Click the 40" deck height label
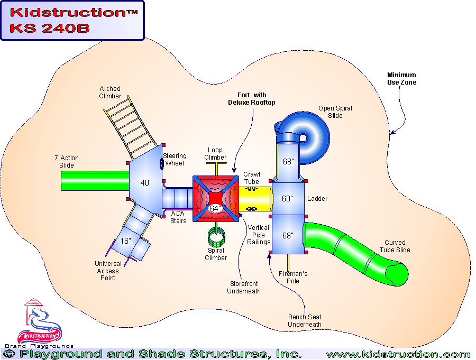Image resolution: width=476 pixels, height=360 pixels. click(x=146, y=183)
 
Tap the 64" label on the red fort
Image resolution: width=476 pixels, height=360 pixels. click(x=215, y=208)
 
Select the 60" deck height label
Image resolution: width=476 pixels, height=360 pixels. click(x=287, y=199)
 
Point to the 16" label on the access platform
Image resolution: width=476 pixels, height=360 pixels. click(x=125, y=241)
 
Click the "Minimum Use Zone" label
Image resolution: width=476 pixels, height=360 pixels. click(x=401, y=79)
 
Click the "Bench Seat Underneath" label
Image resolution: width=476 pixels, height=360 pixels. click(x=304, y=320)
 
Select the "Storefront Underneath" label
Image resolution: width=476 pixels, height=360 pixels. click(x=244, y=288)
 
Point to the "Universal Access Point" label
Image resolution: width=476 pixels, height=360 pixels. click(x=108, y=271)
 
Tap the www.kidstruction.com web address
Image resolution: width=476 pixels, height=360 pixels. click(x=398, y=354)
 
